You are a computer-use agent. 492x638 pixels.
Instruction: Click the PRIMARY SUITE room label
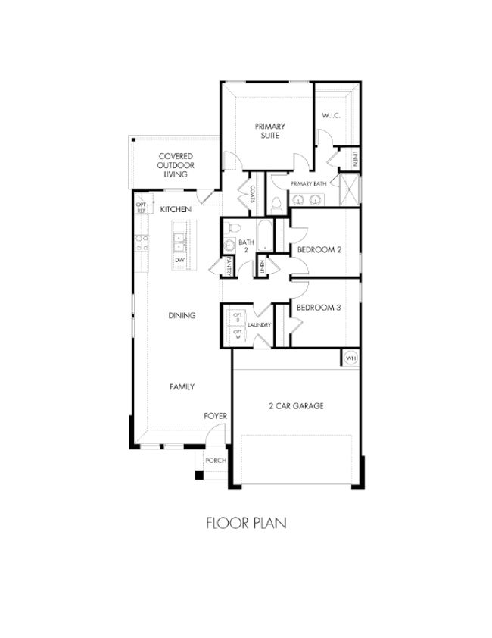266,130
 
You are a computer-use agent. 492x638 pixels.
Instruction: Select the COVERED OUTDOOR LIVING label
176,165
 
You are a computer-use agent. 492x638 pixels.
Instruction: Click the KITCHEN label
175,208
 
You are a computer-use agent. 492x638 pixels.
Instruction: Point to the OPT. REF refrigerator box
141,207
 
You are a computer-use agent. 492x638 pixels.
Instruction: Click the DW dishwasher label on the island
179,260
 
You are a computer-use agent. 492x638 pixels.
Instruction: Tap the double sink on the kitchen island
179,242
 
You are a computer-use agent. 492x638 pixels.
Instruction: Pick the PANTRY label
226,267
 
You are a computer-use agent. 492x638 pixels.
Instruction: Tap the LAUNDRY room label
259,325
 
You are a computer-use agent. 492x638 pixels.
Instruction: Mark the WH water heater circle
350,358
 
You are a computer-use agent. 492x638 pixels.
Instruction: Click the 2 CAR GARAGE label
296,406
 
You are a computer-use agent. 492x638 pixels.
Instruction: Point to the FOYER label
215,416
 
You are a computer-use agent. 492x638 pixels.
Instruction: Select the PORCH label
215,460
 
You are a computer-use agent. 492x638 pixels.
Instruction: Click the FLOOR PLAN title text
246,522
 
